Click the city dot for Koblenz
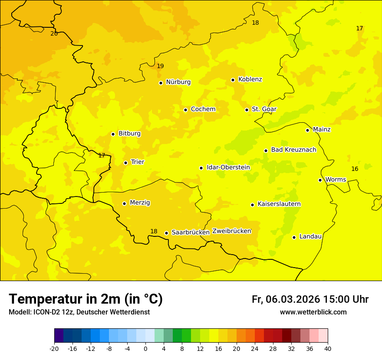[233, 80]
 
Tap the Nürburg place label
[178, 82]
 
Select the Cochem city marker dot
[185, 110]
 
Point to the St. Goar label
[264, 109]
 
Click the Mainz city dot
[307, 130]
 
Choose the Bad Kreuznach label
[293, 150]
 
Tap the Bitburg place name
[129, 134]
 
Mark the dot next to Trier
[125, 163]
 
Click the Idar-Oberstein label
[228, 167]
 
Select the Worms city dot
[320, 180]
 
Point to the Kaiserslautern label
[279, 204]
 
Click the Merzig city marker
[124, 203]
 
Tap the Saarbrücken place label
[191, 232]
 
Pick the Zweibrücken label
[232, 231]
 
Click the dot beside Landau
[294, 237]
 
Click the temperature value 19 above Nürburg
[160, 66]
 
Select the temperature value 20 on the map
[54, 34]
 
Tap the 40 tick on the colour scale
[328, 348]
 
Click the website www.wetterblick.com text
[313, 312]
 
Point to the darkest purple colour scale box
[59, 336]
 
